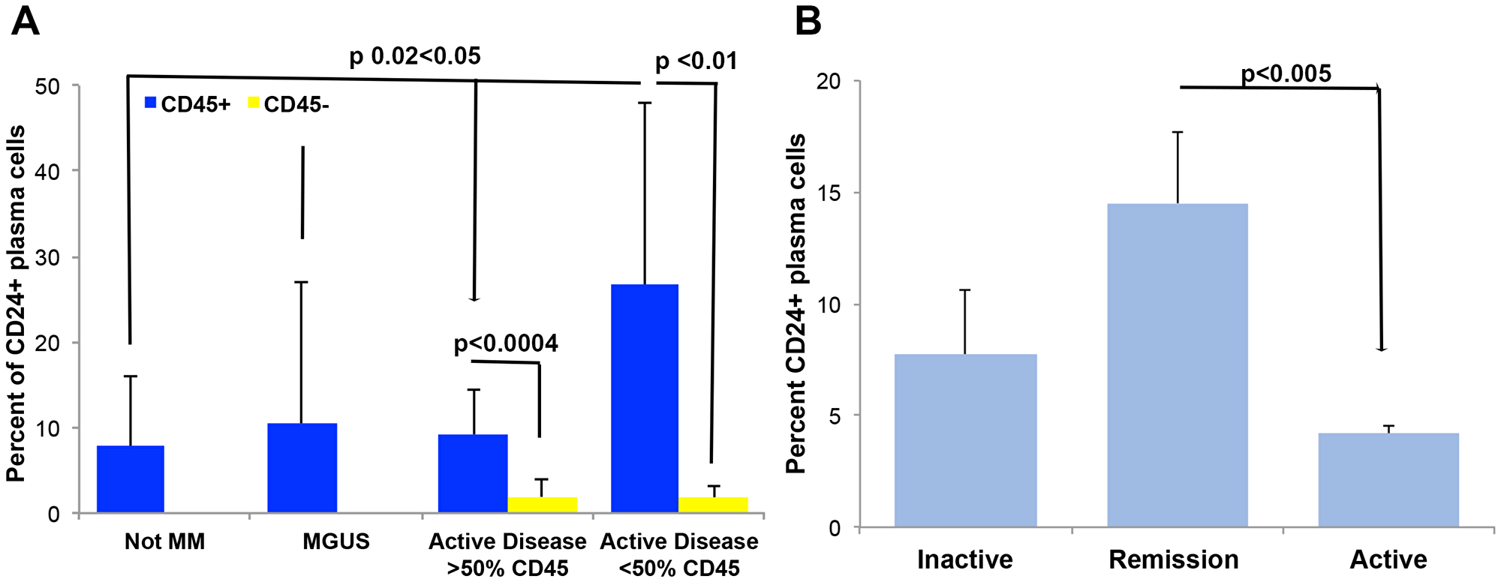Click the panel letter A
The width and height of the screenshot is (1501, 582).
26,22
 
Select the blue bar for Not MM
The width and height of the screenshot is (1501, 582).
131,479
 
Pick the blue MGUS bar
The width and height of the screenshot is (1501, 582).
302,468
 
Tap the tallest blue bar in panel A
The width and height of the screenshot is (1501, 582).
644,398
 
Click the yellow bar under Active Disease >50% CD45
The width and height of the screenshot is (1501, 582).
543,505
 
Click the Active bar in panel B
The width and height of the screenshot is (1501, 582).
1388,480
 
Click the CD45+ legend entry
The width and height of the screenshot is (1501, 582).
188,104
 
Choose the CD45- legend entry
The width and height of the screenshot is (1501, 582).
288,104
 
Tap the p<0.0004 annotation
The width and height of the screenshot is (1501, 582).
506,343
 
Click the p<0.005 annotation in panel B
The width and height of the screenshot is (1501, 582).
1286,73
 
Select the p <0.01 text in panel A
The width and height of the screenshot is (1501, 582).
696,61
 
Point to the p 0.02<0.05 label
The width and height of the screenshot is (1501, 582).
414,56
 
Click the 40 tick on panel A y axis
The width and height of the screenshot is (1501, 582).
48,172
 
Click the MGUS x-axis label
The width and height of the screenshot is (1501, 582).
335,541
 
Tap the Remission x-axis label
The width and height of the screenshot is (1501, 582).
1174,559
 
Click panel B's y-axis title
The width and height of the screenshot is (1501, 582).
796,304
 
